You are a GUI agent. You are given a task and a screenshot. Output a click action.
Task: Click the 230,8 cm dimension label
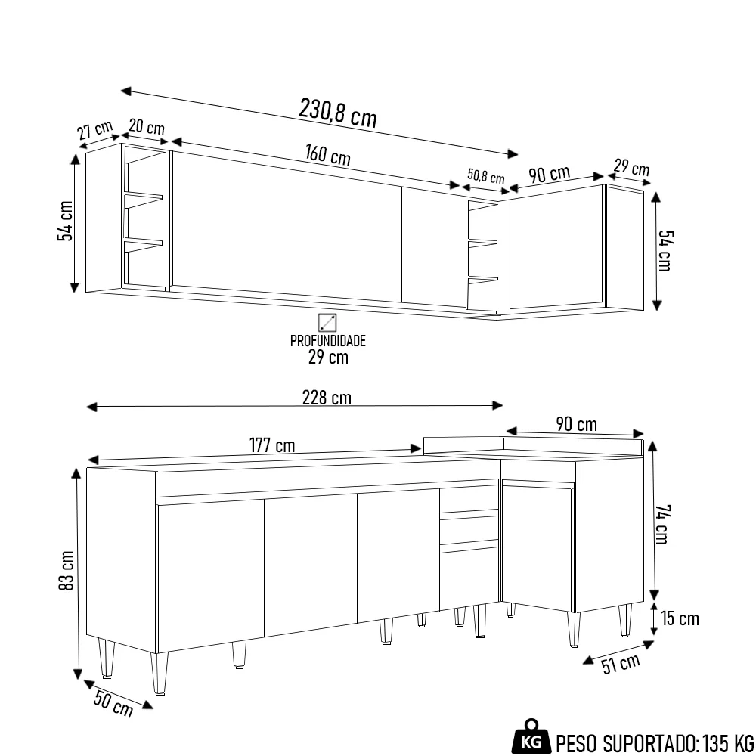[x=337, y=113]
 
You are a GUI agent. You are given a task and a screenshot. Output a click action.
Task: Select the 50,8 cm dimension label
[x=485, y=176]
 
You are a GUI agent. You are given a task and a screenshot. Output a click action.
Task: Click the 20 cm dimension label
[x=146, y=126]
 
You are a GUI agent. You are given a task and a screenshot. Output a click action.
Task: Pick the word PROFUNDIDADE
[x=327, y=341]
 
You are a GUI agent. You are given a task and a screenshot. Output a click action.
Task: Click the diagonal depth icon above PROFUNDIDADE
[x=327, y=323]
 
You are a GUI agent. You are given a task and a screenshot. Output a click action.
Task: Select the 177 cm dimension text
[x=272, y=445]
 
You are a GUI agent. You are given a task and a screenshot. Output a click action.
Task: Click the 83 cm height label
[x=67, y=573]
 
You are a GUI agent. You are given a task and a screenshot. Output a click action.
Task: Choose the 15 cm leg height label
[x=680, y=619]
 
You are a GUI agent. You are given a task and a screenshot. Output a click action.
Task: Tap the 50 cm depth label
[x=113, y=705]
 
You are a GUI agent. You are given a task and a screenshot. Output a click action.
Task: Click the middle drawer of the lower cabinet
[x=469, y=529]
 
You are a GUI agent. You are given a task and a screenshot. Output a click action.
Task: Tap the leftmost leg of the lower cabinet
[x=107, y=658]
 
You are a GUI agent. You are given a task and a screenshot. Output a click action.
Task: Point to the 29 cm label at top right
[x=631, y=167]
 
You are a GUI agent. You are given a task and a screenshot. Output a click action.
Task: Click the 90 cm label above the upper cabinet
[x=549, y=174]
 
